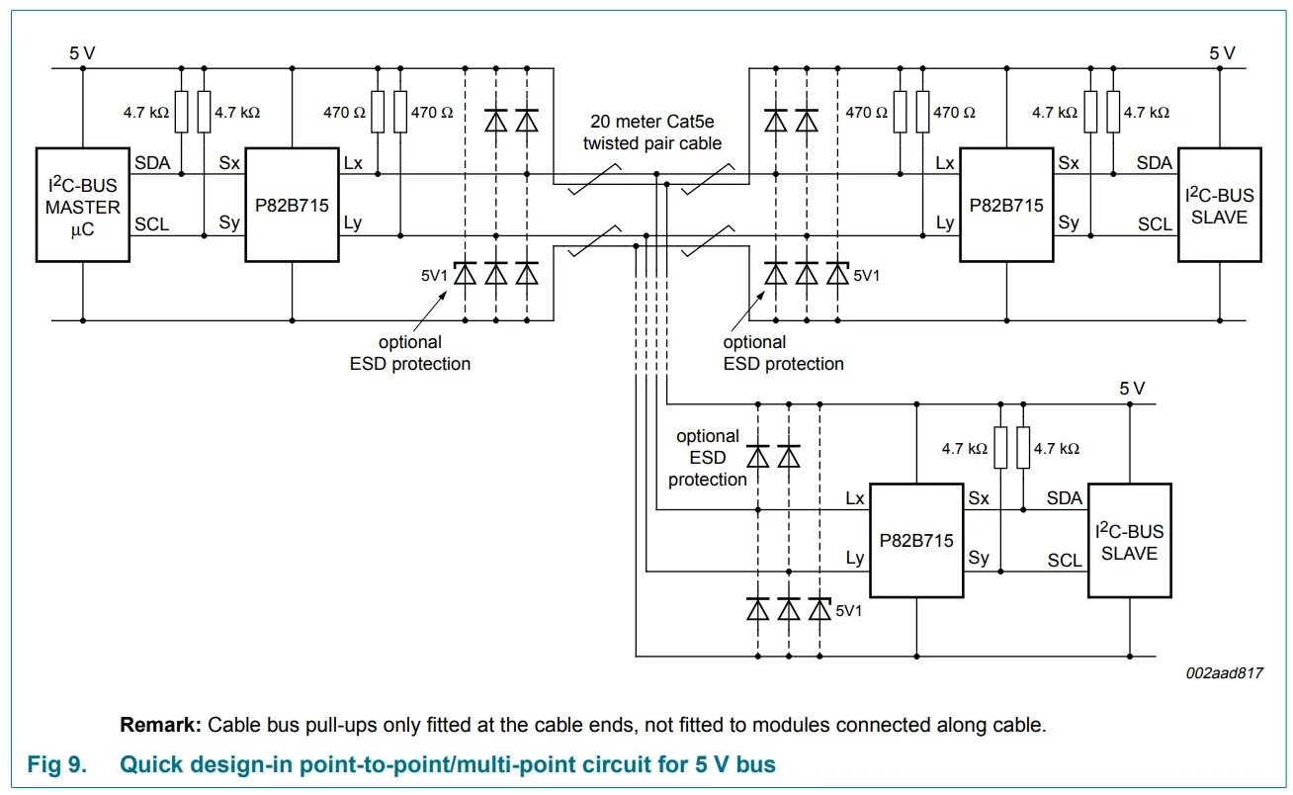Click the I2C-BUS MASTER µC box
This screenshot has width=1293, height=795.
(x=82, y=205)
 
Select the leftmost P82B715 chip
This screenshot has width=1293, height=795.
(x=293, y=205)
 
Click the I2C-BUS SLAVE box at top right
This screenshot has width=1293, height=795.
(x=1219, y=205)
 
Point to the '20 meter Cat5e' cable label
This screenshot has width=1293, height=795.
(x=652, y=122)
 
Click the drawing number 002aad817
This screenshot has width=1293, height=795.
(x=1225, y=672)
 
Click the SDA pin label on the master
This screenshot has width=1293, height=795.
(x=151, y=162)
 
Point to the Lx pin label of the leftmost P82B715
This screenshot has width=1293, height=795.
(x=353, y=162)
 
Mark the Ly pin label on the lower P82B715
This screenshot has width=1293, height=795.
(x=855, y=558)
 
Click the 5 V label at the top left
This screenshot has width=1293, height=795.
(x=82, y=53)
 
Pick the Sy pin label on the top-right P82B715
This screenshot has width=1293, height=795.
(x=1068, y=223)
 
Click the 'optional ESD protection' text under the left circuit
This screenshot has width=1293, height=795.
(x=409, y=353)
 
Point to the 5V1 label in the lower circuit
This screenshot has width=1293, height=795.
(x=849, y=611)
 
